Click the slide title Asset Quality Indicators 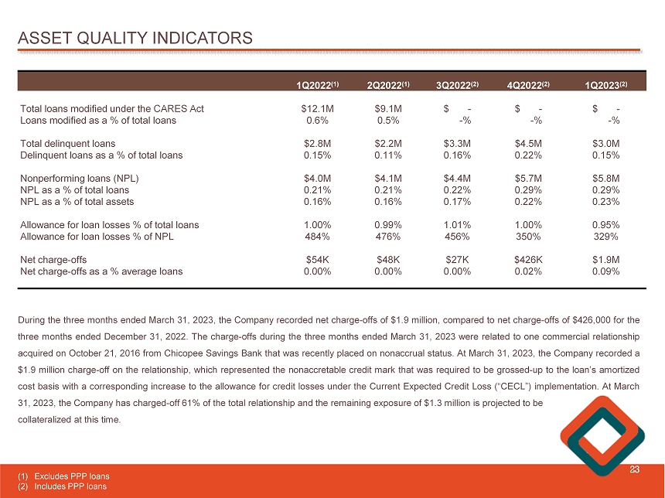pyautogui.click(x=136, y=37)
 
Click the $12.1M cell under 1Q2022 pyautogui.click(x=317, y=109)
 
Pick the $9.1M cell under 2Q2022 pyautogui.click(x=387, y=109)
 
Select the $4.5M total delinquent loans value pyautogui.click(x=530, y=144)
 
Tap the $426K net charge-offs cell pyautogui.click(x=530, y=260)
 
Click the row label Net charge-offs pyautogui.click(x=53, y=260)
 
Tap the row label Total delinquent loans pyautogui.click(x=68, y=144)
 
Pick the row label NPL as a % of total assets pyautogui.click(x=77, y=202)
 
